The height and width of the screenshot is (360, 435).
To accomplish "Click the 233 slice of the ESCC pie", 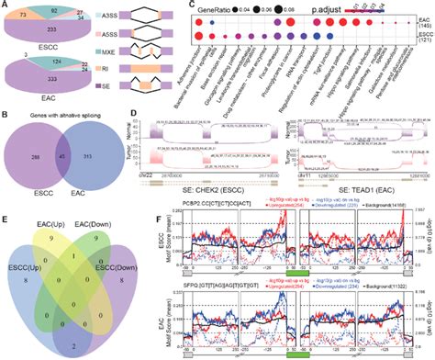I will click(51, 30).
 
